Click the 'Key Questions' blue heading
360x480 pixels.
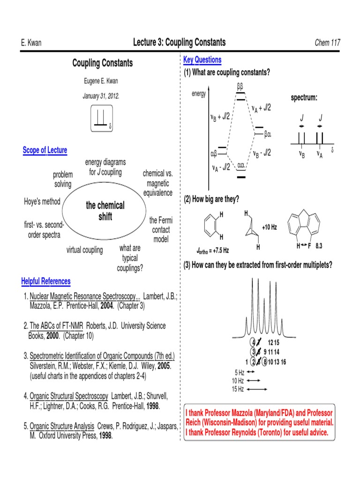click(202, 60)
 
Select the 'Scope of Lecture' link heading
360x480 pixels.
click(45, 150)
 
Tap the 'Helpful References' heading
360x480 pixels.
click(46, 281)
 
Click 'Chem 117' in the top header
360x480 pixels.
click(327, 43)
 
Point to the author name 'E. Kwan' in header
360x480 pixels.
click(31, 43)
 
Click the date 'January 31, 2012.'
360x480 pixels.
click(101, 96)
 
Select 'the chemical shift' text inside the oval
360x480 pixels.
click(105, 211)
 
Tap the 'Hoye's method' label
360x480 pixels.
click(42, 202)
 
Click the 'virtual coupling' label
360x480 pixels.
click(84, 250)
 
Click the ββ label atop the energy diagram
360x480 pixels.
click(240, 87)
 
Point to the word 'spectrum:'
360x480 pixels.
click(304, 97)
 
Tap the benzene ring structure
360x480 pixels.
click(211, 226)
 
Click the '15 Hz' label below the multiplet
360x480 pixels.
click(238, 389)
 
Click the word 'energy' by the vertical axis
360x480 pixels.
click(199, 94)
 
